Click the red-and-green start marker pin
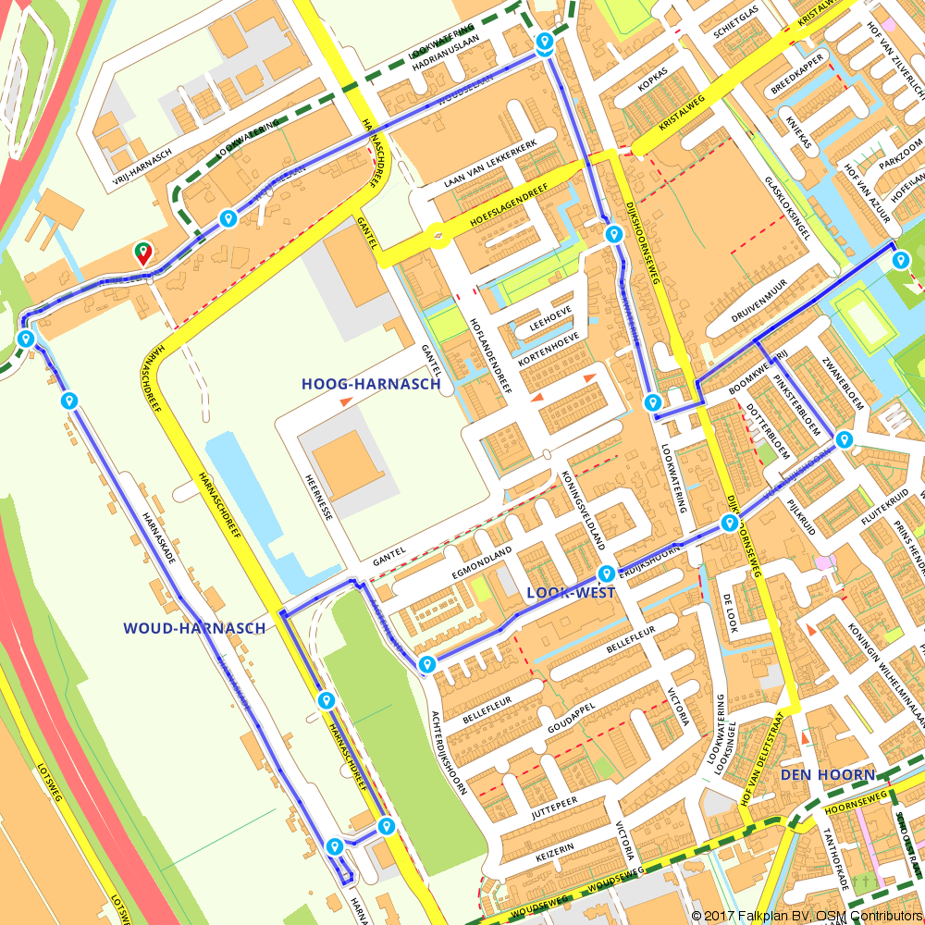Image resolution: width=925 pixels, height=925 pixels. (x=143, y=252)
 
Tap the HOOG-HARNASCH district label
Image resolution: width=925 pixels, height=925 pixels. (x=370, y=384)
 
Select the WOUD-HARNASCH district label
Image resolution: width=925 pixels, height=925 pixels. (x=194, y=628)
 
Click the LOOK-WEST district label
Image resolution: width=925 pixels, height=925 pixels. (x=570, y=593)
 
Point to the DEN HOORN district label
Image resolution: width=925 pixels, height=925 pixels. (x=827, y=774)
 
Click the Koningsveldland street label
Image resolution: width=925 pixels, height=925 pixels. (x=584, y=509)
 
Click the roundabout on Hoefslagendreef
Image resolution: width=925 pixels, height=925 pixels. (x=438, y=238)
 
